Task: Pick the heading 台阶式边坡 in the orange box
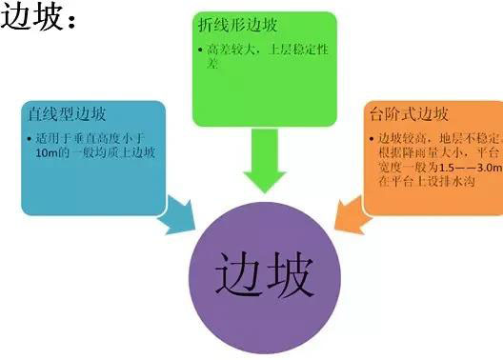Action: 408,116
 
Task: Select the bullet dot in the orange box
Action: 370,140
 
